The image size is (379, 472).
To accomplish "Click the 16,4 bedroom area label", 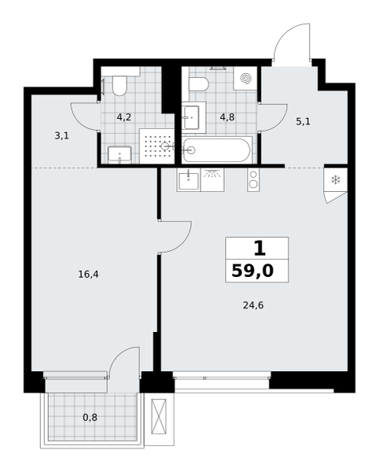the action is click(x=88, y=275).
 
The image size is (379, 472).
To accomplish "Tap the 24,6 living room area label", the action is click(x=253, y=305).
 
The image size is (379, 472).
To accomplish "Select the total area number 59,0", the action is click(x=252, y=271).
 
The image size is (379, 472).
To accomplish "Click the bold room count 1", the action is click(x=260, y=249).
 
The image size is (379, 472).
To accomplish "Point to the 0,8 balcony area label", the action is click(x=90, y=418).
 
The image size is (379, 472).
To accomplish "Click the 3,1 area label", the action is click(x=61, y=136).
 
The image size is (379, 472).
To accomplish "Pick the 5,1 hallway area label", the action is click(x=304, y=122).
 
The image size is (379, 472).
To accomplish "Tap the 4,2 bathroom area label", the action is click(x=124, y=117).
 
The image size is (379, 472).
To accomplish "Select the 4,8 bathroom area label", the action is click(x=227, y=117).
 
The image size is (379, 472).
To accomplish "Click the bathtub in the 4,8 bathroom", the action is click(x=216, y=150).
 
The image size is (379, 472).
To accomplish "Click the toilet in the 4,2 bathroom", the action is click(x=120, y=86).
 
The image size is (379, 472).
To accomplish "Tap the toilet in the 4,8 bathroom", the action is click(x=199, y=84).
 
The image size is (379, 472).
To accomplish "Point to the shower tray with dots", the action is click(x=157, y=146).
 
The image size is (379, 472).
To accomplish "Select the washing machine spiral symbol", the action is click(x=245, y=78).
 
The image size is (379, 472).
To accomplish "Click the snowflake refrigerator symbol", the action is click(x=336, y=180).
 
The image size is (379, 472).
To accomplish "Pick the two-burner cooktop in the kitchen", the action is click(x=253, y=179).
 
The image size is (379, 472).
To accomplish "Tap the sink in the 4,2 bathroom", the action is click(x=120, y=155).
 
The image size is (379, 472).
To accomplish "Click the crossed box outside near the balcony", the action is click(x=159, y=416).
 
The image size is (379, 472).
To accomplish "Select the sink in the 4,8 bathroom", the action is click(x=191, y=117).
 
